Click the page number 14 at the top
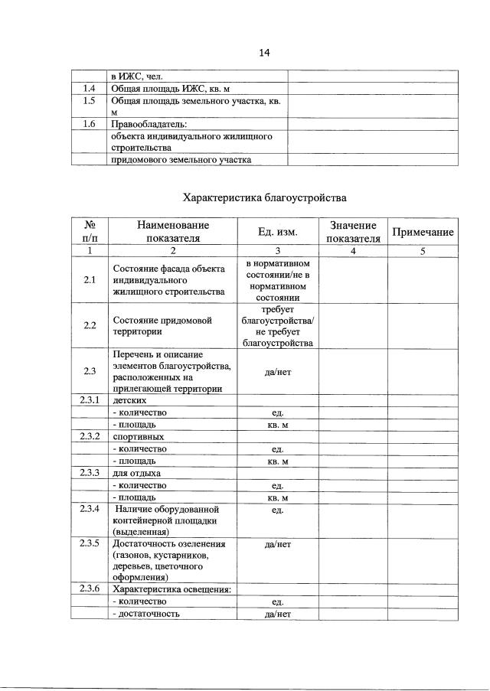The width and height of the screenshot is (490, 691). (265, 53)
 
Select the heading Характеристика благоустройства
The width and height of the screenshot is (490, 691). (264, 197)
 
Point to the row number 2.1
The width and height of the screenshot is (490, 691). (90, 280)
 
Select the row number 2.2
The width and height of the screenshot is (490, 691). (90, 325)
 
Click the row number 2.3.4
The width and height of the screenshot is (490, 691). (90, 508)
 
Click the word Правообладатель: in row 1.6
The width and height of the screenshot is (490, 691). (149, 123)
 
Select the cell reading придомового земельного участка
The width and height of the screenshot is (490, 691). (181, 159)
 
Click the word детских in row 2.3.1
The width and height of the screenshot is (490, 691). (129, 400)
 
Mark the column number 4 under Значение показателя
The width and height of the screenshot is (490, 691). (353, 250)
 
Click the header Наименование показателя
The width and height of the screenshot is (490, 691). (173, 232)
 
